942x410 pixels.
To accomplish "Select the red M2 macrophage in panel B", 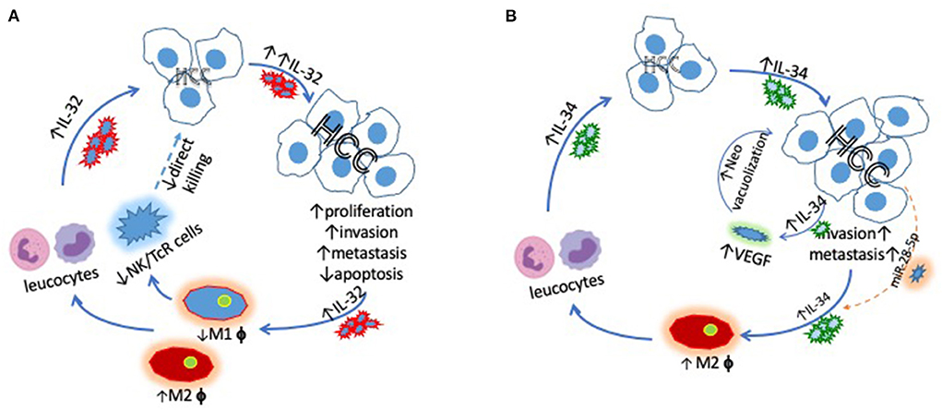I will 709,333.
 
